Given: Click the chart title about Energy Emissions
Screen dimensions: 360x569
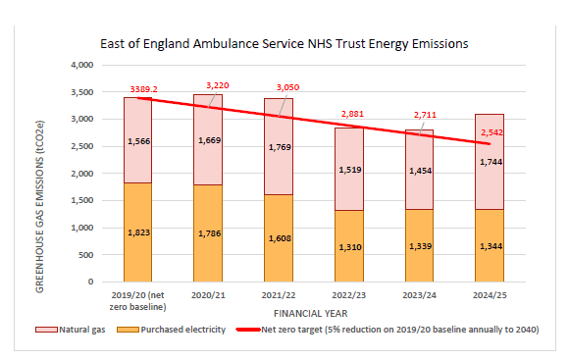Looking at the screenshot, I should pyautogui.click(x=284, y=44).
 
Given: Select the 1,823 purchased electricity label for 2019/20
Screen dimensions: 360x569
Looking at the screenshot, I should pyautogui.click(x=139, y=231).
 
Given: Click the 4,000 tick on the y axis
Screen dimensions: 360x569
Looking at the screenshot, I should pyautogui.click(x=78, y=65).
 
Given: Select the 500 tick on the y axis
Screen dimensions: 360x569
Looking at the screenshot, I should pyautogui.click(x=82, y=254).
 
